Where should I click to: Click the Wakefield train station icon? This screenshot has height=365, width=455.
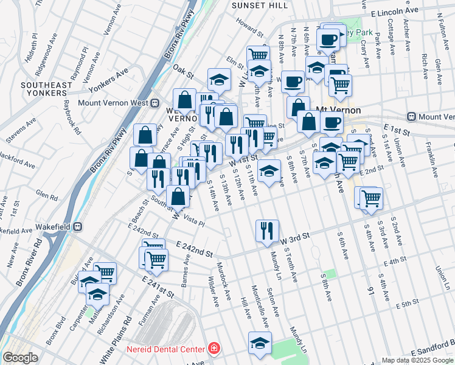[78, 226]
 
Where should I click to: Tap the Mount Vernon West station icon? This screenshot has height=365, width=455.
[155, 103]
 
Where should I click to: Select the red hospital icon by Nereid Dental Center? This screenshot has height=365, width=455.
[213, 349]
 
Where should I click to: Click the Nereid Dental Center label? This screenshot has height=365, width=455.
[165, 349]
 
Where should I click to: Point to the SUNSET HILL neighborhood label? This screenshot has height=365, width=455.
[260, 5]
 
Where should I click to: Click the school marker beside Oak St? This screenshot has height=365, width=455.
[219, 79]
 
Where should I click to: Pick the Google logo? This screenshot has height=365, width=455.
[20, 358]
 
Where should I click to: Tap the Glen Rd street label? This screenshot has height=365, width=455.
[47, 194]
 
